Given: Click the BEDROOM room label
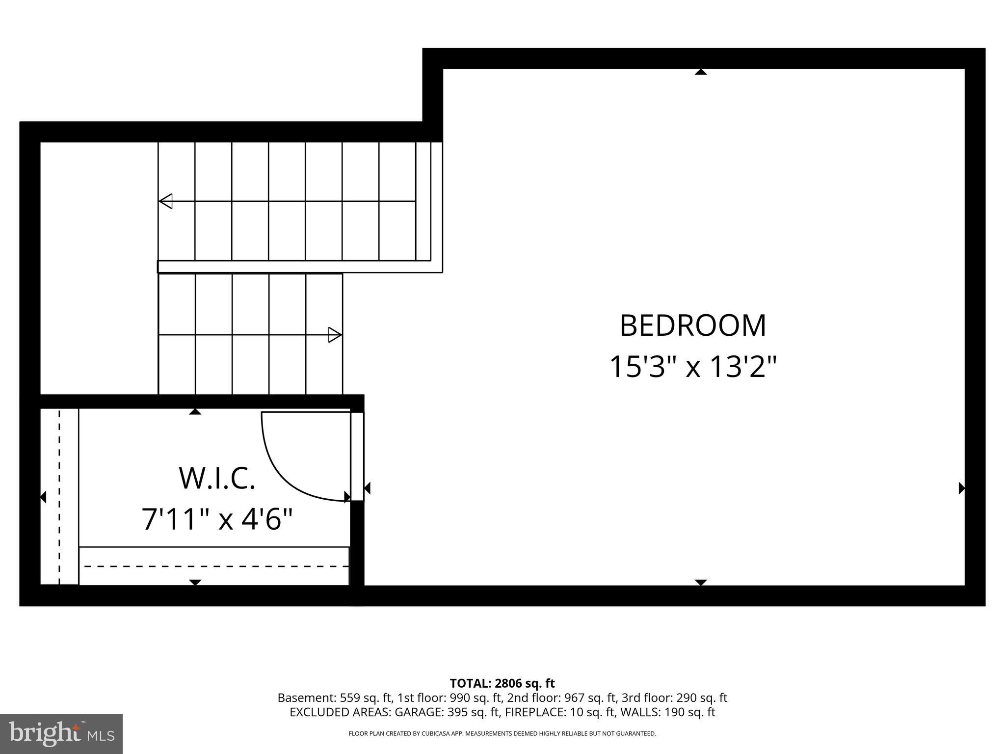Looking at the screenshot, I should coord(692,326).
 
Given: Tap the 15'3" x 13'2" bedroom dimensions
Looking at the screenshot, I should coord(692,367).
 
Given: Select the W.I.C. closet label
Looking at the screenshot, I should coord(217,479).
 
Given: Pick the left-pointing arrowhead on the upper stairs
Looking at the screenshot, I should coord(166,201).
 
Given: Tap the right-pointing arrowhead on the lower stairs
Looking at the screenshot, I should coord(335,335).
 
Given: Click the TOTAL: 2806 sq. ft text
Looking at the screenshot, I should coord(502,683).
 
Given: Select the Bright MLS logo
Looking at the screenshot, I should coord(61,733).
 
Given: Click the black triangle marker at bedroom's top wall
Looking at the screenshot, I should coord(701,72).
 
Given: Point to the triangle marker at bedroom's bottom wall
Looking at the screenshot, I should coord(701,582).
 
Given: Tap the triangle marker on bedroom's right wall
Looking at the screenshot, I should coord(962,488).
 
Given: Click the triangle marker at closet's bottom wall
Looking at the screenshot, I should coord(195,582).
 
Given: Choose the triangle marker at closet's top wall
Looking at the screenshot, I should coord(195,411).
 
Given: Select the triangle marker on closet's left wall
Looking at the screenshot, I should coord(43,497).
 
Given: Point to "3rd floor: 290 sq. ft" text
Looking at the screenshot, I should coord(674,698).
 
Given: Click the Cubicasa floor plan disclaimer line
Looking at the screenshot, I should coord(502,734).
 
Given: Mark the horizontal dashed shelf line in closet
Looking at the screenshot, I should coord(216,566).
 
